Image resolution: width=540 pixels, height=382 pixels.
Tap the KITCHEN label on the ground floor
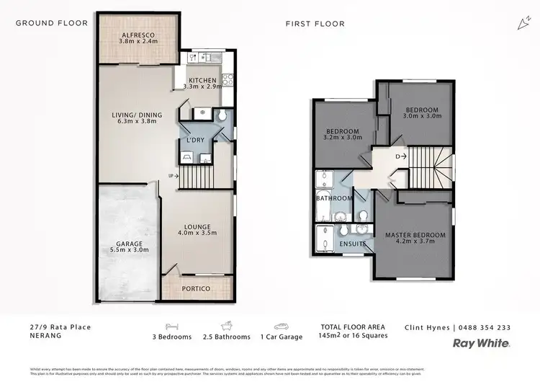pos(202,79)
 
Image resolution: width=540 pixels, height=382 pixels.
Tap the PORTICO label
pos(196,288)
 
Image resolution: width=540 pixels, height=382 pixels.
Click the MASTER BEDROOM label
pos(415,235)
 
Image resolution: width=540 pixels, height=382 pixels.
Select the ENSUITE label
pos(353,244)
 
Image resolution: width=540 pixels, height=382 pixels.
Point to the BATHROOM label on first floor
pos(334,198)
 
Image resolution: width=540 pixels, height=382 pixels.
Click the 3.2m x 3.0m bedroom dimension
pos(343,139)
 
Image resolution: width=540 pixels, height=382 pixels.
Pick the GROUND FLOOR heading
pos(52,23)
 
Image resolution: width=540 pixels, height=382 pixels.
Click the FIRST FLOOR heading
pos(315,24)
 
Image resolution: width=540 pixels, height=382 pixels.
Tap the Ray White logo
pos(482,344)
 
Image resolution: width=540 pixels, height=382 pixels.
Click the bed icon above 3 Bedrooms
pos(171,326)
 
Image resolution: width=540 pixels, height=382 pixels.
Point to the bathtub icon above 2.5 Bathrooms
pos(227,326)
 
